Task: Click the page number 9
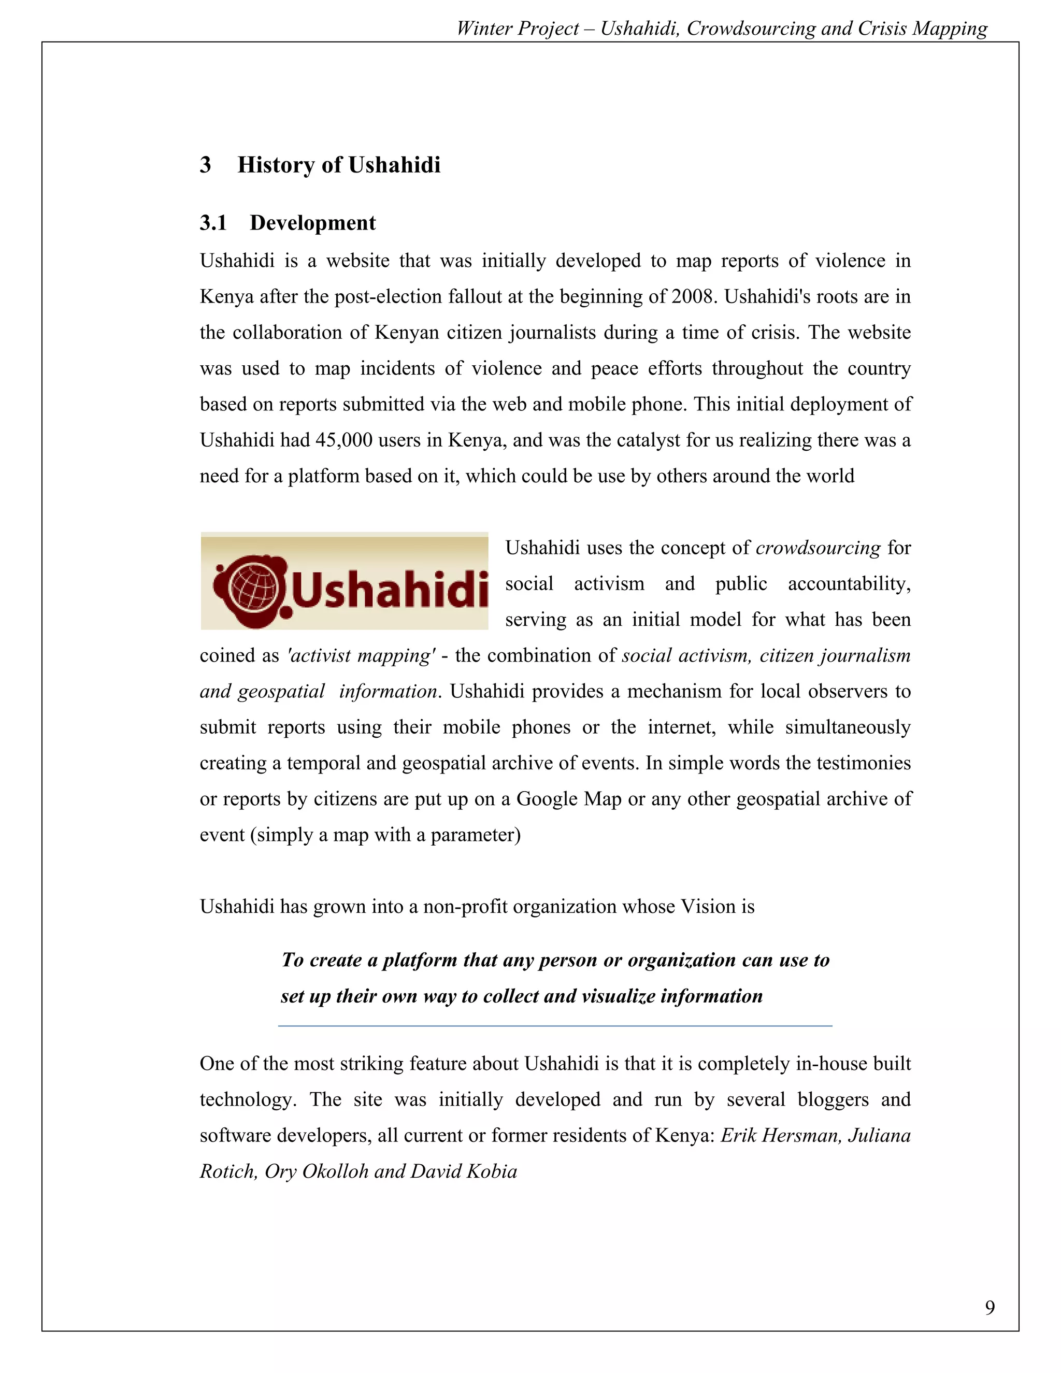pos(990,1308)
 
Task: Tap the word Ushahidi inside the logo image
pos(389,590)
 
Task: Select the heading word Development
pos(312,223)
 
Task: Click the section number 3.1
pos(213,223)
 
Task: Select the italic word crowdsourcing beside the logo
pos(818,548)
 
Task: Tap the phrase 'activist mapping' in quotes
pos(361,656)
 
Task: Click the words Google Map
pos(568,799)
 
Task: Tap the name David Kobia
pos(464,1171)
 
